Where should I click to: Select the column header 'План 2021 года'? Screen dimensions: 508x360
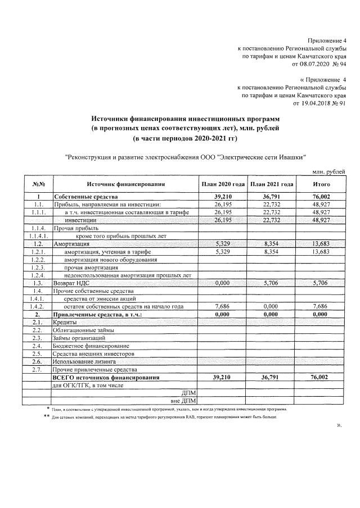[272, 184]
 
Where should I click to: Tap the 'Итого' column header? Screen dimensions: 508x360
[321, 184]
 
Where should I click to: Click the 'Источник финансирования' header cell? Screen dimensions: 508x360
[125, 184]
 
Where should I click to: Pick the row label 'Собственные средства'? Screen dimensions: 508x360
[85, 197]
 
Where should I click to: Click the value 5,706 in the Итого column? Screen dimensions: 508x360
[321, 283]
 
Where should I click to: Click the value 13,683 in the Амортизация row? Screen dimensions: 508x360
[321, 244]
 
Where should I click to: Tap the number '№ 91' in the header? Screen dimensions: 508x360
[339, 103]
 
